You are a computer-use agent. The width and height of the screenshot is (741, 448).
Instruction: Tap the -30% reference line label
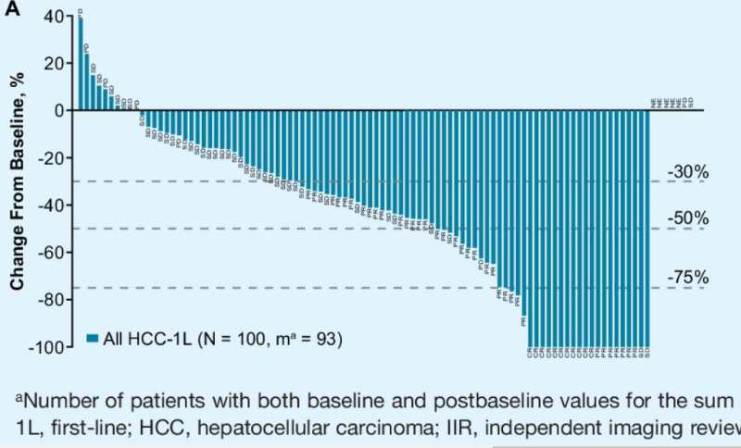(x=687, y=172)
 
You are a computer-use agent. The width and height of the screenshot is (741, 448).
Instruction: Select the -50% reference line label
(x=687, y=219)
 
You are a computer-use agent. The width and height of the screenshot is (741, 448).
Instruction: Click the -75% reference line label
(x=687, y=278)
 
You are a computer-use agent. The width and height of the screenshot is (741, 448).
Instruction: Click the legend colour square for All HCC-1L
(x=93, y=340)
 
